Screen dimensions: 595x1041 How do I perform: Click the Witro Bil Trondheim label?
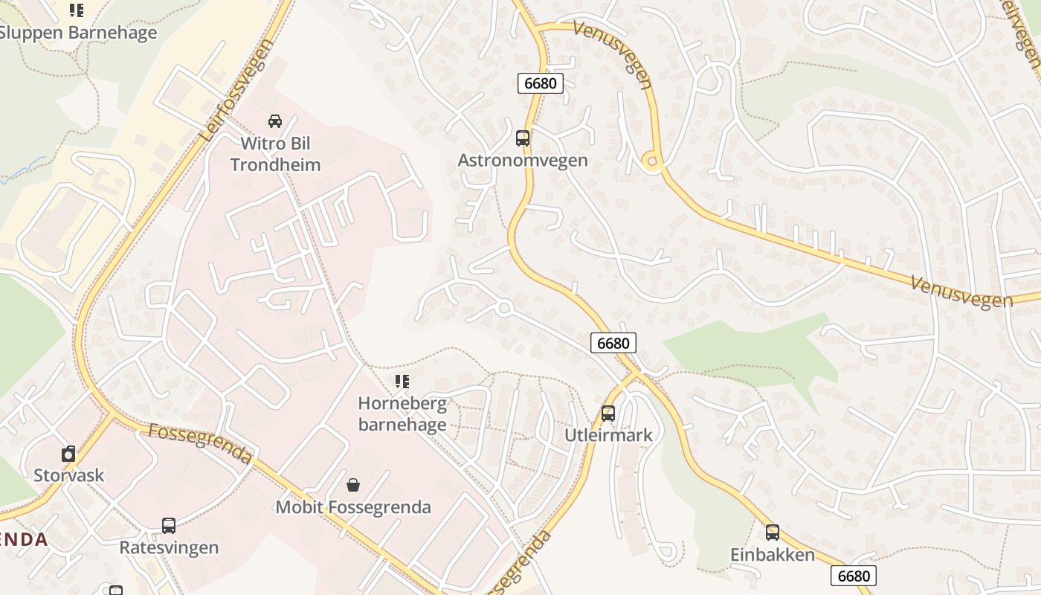[275, 154]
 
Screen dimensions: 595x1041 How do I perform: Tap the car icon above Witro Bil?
[274, 120]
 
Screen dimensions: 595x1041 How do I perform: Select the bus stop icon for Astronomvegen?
[523, 138]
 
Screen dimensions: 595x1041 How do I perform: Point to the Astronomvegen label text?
[523, 161]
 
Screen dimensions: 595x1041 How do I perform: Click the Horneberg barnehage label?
[402, 414]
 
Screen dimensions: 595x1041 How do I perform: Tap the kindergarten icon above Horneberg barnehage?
[402, 382]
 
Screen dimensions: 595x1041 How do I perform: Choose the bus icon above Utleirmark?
[608, 414]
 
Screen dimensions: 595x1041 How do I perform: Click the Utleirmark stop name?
[608, 435]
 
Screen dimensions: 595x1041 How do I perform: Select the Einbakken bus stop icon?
[773, 533]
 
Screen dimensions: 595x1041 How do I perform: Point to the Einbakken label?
[773, 555]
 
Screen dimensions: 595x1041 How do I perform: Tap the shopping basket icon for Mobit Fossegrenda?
[353, 485]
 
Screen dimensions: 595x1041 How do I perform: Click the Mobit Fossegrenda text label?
[353, 507]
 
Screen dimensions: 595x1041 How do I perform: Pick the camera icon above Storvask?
[68, 454]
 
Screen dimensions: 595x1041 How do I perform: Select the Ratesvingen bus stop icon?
[169, 526]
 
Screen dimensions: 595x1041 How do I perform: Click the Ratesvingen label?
[169, 548]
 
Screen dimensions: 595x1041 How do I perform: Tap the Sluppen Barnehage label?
[77, 33]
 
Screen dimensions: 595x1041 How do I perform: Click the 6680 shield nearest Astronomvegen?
[541, 83]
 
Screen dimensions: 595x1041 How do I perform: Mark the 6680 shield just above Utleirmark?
[613, 343]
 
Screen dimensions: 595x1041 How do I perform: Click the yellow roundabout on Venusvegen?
[652, 162]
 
